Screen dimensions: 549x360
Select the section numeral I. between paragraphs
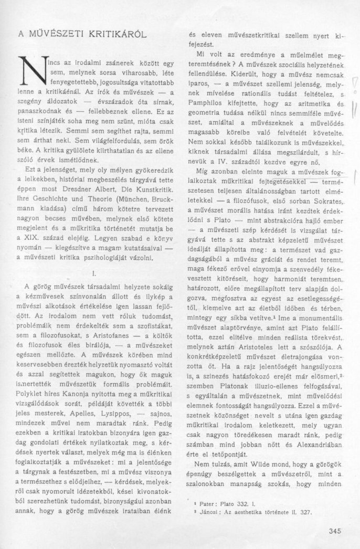coord(92,273)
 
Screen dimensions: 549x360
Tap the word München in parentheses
coord(119,200)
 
